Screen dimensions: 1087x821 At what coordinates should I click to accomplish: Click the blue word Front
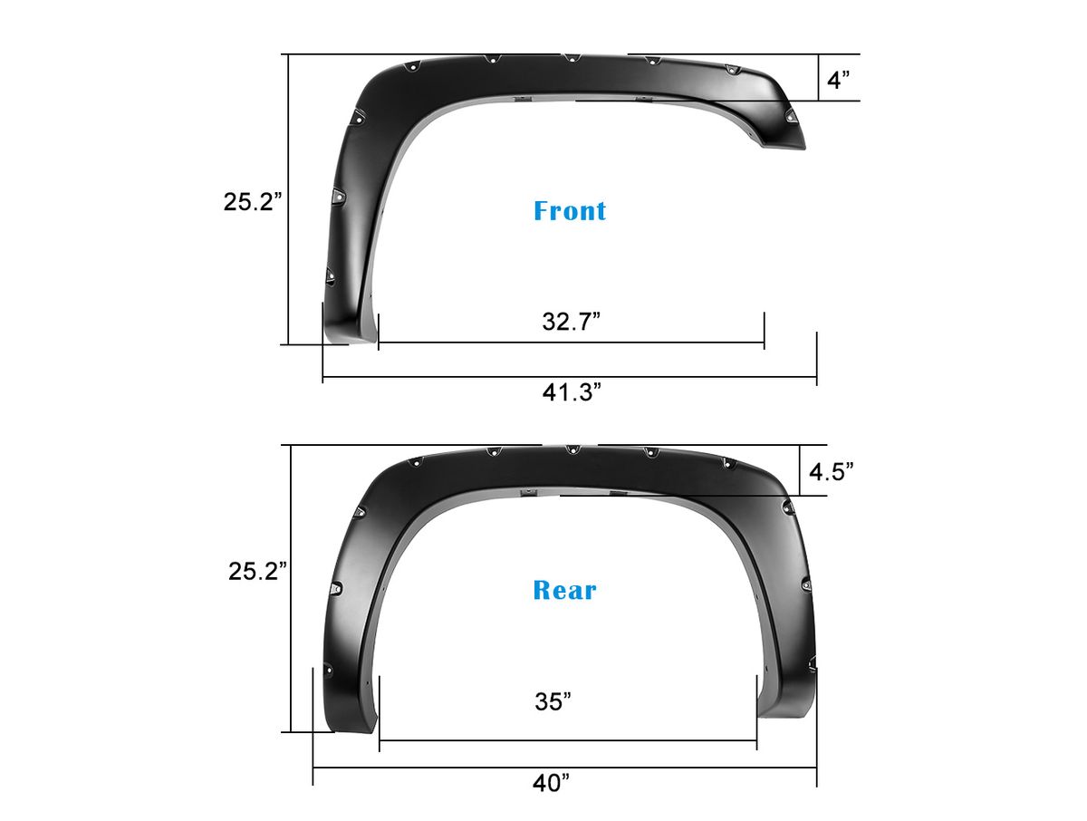[x=570, y=211]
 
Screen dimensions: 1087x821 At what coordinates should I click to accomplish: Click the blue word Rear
[x=564, y=590]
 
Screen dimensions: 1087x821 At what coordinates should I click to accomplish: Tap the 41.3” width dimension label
[x=572, y=392]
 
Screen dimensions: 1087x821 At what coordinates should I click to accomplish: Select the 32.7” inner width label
[x=571, y=322]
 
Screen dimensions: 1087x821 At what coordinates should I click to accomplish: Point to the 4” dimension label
[x=838, y=79]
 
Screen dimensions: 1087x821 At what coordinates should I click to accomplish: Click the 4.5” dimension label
[x=832, y=471]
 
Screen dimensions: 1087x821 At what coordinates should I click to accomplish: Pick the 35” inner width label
[x=553, y=701]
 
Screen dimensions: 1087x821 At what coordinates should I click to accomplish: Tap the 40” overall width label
[x=551, y=783]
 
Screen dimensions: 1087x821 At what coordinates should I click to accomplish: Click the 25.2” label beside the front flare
[x=253, y=201]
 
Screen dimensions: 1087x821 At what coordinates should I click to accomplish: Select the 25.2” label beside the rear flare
[x=257, y=571]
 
